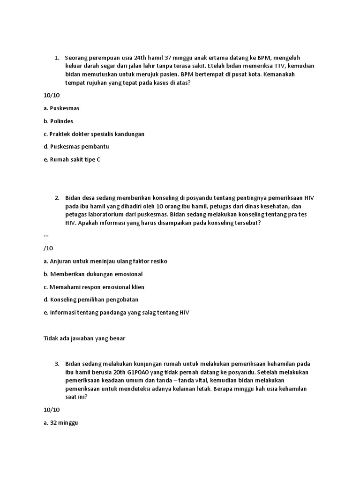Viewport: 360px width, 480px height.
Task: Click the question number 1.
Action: click(56, 58)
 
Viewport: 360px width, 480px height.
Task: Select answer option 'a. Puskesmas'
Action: click(61, 108)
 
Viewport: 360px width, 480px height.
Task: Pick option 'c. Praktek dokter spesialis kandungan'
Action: click(94, 134)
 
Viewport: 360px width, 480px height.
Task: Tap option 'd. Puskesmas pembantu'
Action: click(76, 147)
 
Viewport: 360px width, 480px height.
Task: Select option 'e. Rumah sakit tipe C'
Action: click(72, 159)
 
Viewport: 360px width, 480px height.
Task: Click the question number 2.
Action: click(56, 198)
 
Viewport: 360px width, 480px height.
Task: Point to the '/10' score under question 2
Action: click(48, 248)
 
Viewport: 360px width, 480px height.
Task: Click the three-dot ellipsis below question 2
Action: click(46, 236)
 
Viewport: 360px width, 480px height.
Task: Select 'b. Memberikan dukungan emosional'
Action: click(93, 274)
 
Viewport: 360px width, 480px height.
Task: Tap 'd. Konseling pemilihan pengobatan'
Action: click(91, 300)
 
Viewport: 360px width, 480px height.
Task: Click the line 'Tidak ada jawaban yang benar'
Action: click(84, 337)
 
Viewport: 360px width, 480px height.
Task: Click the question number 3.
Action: click(56, 363)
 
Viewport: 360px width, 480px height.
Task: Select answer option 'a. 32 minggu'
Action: click(60, 423)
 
